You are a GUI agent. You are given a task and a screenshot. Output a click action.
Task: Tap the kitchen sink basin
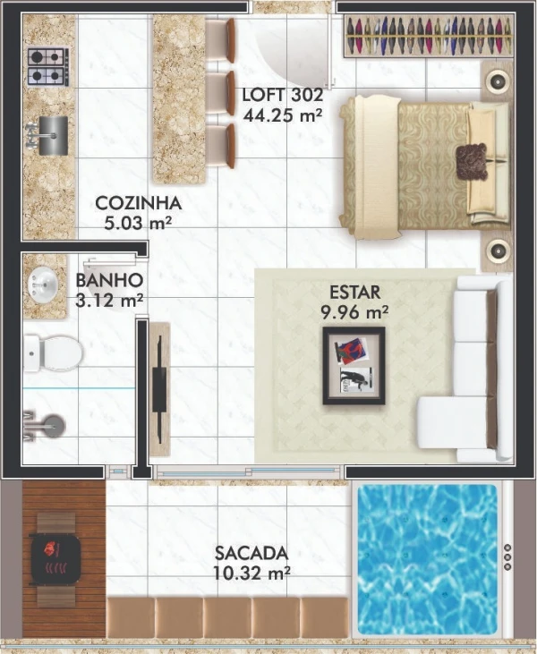pyautogui.click(x=54, y=135)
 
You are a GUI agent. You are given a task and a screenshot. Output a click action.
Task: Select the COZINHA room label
pyautogui.click(x=139, y=203)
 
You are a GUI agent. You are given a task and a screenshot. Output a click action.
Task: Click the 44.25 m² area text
pyautogui.click(x=283, y=115)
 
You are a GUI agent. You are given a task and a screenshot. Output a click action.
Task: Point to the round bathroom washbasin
pyautogui.click(x=43, y=285)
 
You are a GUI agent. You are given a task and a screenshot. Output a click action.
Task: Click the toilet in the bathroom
pyautogui.click(x=53, y=353)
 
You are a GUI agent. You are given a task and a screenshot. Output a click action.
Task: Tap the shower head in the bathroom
pyautogui.click(x=54, y=425)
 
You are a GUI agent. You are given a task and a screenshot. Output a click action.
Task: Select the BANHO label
pyautogui.click(x=109, y=280)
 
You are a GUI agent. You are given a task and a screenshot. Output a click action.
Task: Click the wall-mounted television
pyautogui.click(x=159, y=389)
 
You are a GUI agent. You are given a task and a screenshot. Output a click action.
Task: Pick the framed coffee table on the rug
pyautogui.click(x=354, y=366)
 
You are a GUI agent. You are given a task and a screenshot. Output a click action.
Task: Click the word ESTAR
pyautogui.click(x=355, y=293)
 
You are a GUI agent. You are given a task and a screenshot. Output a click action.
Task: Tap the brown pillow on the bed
pyautogui.click(x=472, y=161)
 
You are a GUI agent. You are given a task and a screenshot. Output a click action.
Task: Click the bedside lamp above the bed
pyautogui.click(x=497, y=81)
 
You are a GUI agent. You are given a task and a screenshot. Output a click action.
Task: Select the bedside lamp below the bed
pyautogui.click(x=497, y=251)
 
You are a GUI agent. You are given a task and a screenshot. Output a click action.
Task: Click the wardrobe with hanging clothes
pyautogui.click(x=429, y=36)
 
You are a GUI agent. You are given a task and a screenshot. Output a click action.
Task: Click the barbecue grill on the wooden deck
pyautogui.click(x=55, y=559)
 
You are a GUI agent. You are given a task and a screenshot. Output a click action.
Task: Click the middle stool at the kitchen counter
pyautogui.click(x=221, y=93)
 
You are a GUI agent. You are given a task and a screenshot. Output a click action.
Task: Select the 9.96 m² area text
pyautogui.click(x=354, y=311)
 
